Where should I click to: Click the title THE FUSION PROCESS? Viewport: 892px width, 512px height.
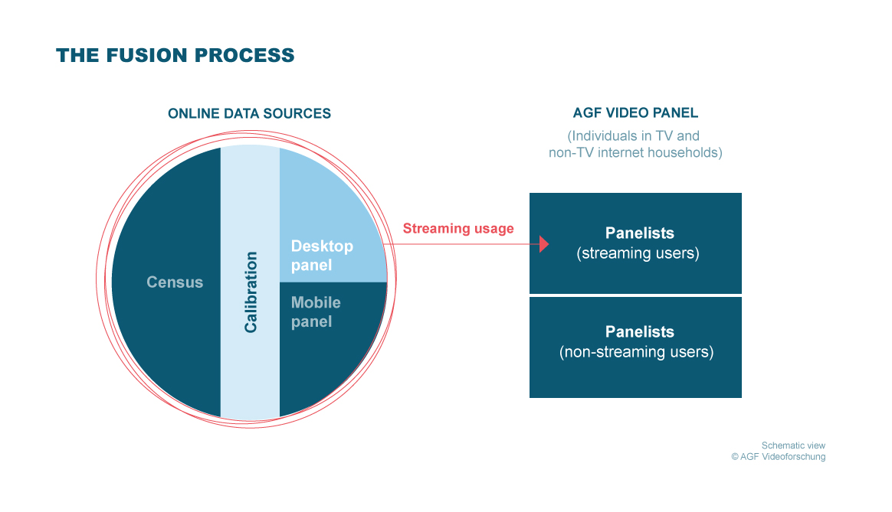click(x=175, y=56)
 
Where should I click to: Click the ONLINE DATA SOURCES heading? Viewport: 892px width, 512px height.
click(x=249, y=114)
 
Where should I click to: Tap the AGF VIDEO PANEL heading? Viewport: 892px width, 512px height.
click(x=635, y=113)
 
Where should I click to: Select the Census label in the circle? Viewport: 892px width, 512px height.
click(x=175, y=282)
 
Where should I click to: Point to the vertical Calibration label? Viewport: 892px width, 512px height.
click(x=251, y=292)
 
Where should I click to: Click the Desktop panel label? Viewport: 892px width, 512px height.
click(x=322, y=256)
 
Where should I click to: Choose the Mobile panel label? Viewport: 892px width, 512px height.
click(x=316, y=312)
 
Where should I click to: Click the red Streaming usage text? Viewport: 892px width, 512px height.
click(x=458, y=229)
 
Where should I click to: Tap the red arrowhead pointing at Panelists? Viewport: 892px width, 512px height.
click(x=545, y=244)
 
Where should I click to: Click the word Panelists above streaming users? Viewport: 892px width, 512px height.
click(x=639, y=233)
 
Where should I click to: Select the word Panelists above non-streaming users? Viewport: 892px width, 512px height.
click(x=639, y=332)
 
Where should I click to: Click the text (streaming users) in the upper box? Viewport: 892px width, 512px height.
click(x=638, y=253)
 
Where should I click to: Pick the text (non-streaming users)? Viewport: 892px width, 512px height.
click(x=636, y=353)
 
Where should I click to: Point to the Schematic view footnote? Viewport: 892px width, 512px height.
click(x=793, y=445)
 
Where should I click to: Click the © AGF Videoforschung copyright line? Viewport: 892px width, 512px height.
click(x=778, y=457)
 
